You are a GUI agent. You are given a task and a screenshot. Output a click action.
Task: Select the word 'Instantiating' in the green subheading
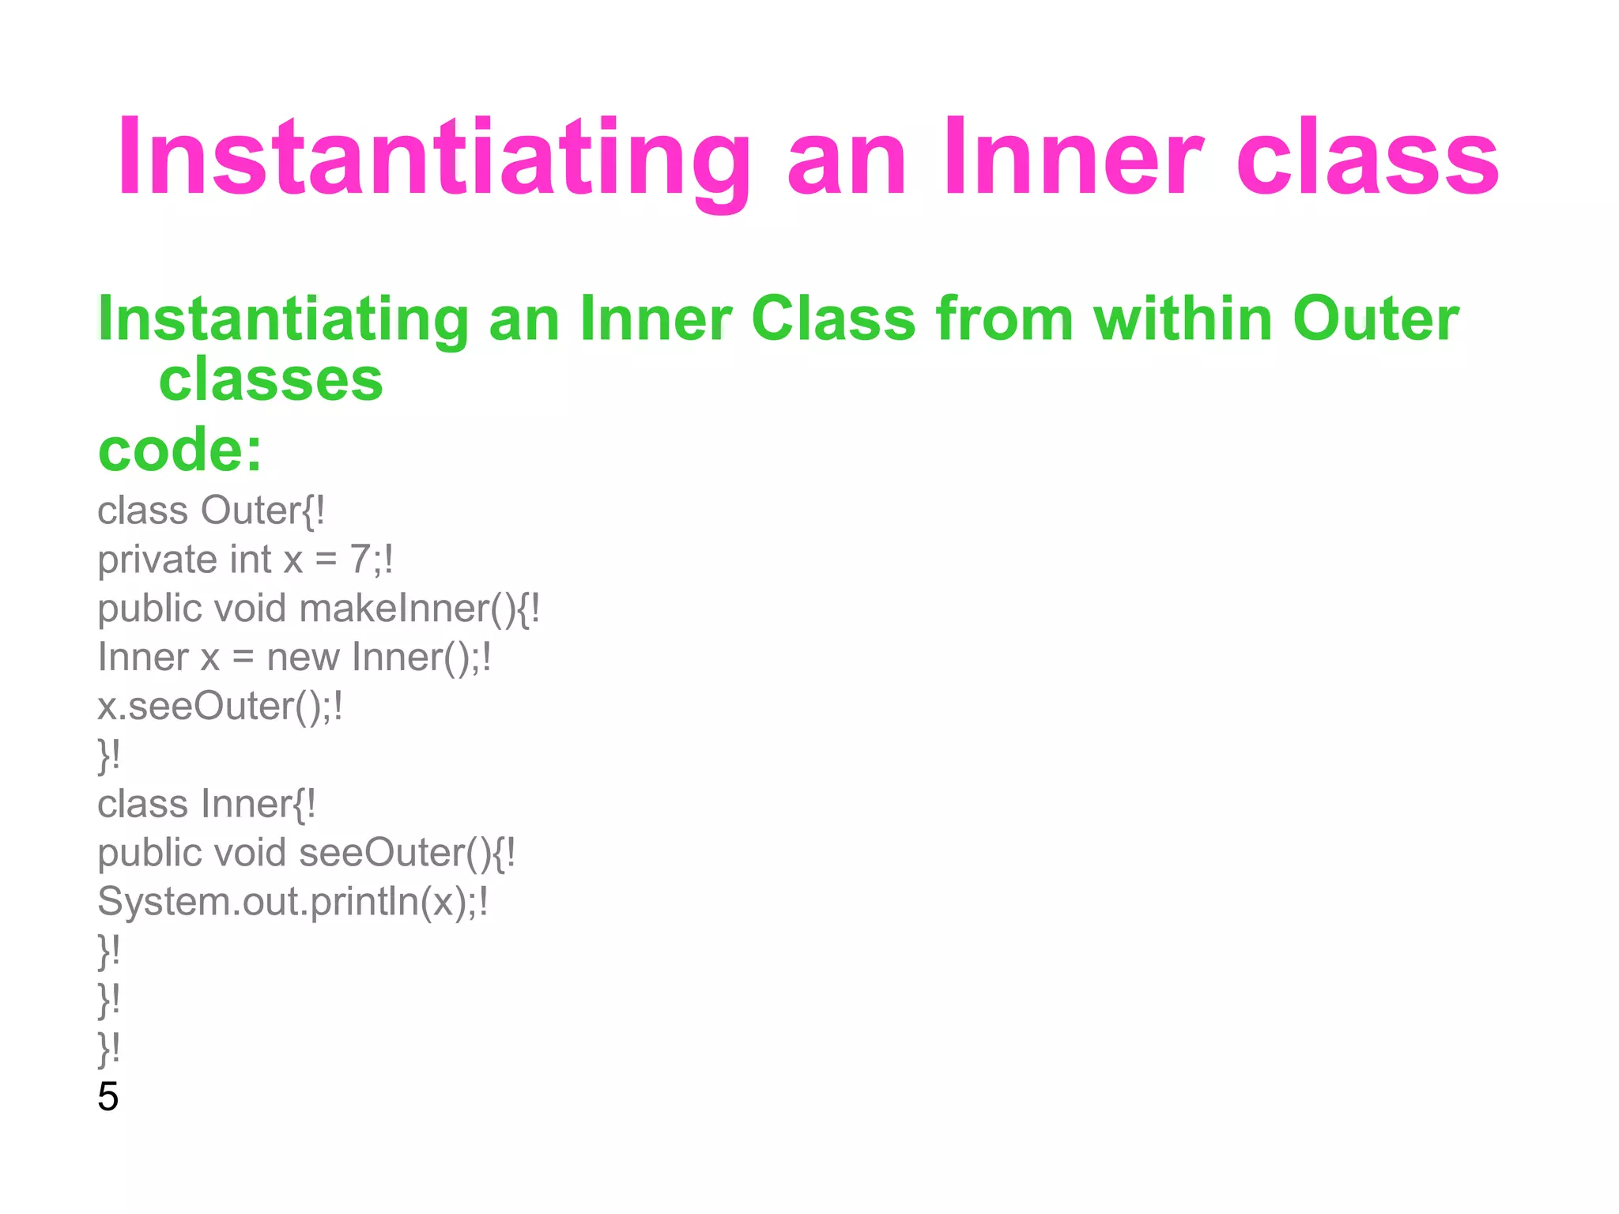[283, 319]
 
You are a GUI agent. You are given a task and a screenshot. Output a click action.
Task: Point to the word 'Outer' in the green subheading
[1376, 319]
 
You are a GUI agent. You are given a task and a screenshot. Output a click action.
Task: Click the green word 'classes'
[270, 380]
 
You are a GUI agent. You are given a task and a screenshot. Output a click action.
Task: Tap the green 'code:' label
[179, 450]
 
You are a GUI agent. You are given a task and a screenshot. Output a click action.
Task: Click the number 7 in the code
[360, 560]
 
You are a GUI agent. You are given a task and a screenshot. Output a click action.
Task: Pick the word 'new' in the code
[303, 658]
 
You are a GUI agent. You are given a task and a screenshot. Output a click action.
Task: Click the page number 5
[108, 1097]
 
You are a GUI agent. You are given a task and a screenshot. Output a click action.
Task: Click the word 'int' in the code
[251, 560]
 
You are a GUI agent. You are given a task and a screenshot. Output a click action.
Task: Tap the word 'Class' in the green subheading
[833, 319]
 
